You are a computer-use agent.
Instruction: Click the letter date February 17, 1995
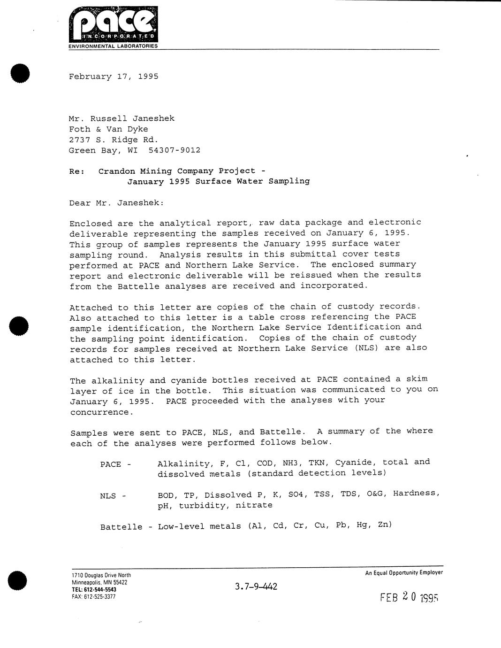click(114, 77)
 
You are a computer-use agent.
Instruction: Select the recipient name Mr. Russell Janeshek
click(121, 118)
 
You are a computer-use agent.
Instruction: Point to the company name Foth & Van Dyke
click(108, 129)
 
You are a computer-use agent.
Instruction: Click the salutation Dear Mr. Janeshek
click(117, 203)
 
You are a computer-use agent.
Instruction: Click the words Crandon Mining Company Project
click(177, 171)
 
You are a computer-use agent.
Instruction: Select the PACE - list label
click(115, 464)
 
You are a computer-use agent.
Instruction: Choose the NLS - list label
click(113, 495)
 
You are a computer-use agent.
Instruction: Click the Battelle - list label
click(126, 527)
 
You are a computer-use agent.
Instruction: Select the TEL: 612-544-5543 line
click(94, 590)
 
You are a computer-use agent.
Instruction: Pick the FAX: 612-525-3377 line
click(94, 597)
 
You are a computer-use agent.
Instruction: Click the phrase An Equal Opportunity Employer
click(404, 572)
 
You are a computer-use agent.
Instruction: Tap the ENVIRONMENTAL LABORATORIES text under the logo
click(113, 46)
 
